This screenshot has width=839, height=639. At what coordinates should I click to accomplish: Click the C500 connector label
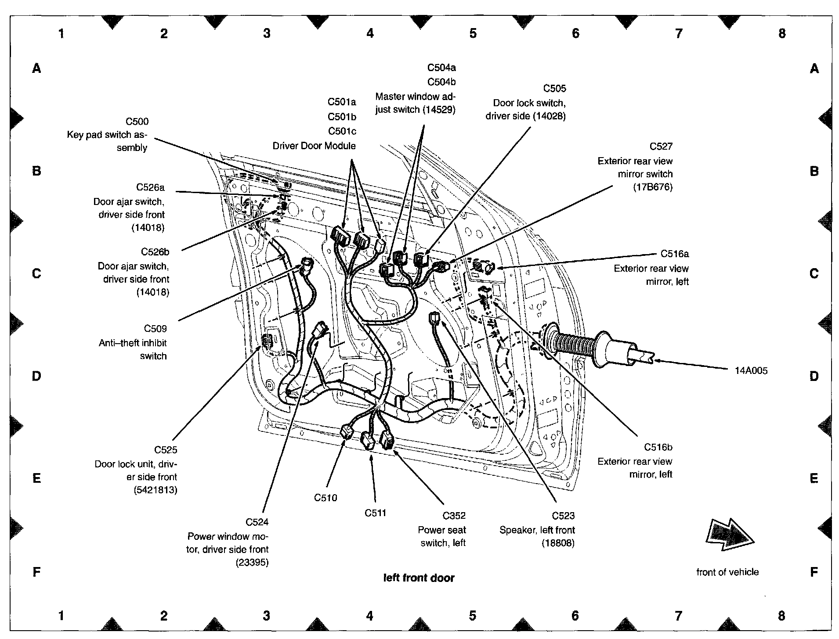tap(137, 122)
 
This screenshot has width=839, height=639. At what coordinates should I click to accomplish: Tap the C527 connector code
tap(661, 147)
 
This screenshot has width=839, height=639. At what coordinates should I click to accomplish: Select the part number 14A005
tap(751, 371)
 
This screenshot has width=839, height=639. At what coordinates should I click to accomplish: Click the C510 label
tap(325, 498)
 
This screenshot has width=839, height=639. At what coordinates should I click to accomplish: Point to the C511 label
tap(375, 513)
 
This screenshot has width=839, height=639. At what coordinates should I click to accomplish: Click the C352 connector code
tap(454, 516)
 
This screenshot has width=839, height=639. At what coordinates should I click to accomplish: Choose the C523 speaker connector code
tap(563, 516)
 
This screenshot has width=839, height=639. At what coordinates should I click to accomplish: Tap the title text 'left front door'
tap(419, 578)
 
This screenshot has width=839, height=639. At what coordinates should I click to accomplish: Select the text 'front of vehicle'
tap(727, 572)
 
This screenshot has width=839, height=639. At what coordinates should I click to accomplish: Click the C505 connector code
tap(554, 89)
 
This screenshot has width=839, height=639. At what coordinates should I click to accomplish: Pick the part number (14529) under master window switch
tap(439, 110)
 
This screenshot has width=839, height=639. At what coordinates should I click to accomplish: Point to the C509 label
tap(155, 329)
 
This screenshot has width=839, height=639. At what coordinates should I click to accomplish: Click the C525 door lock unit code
tap(166, 450)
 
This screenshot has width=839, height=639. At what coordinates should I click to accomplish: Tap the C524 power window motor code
tap(257, 522)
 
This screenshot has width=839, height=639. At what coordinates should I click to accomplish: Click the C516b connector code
tap(658, 447)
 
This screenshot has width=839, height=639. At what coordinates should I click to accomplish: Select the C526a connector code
tap(150, 187)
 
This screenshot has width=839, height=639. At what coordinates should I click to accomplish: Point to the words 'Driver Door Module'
tap(314, 146)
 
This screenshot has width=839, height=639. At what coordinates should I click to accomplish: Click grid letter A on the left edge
tap(37, 68)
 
